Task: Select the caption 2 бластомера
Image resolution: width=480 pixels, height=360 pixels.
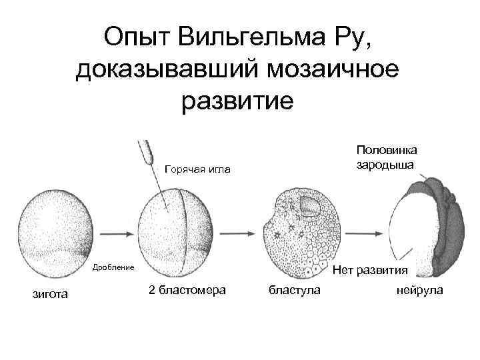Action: click(185, 290)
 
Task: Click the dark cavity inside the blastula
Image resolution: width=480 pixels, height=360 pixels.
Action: click(310, 208)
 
